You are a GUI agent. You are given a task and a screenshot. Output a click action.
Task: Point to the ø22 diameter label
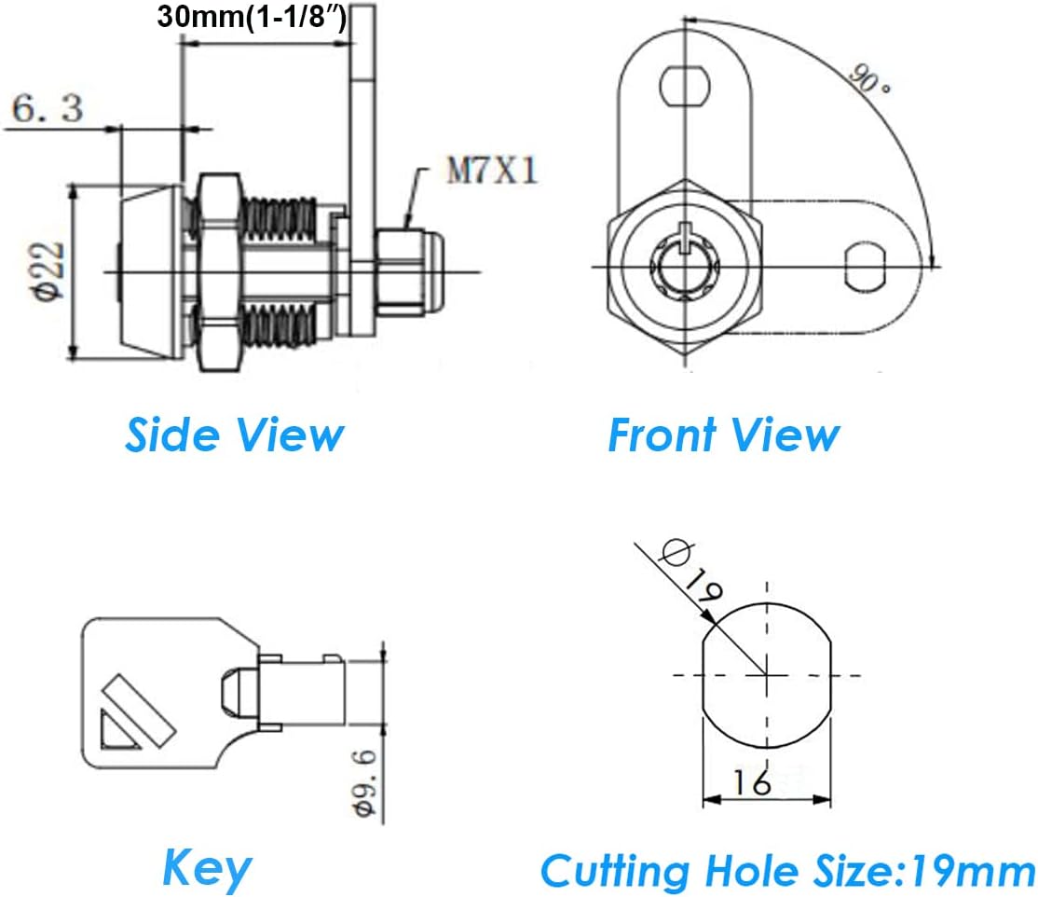48,270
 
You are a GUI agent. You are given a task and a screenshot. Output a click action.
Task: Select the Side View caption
234,435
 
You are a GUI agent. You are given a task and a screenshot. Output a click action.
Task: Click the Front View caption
723,435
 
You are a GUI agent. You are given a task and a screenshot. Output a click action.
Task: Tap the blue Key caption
206,868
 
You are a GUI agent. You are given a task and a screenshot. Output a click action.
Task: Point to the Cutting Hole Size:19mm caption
787,872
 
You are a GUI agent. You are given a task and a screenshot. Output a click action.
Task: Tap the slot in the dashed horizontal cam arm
864,267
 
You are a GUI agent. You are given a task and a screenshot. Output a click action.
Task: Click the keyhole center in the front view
687,268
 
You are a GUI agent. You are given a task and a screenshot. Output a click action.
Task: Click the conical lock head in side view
149,270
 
